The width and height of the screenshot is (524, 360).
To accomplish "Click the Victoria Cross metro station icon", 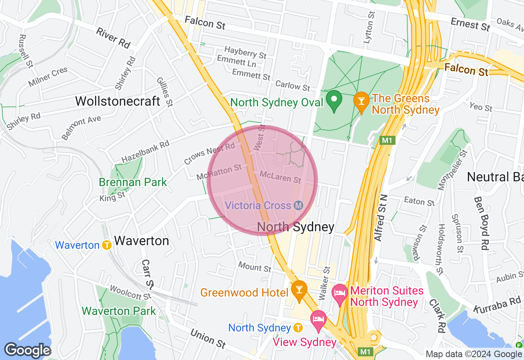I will pyautogui.click(x=298, y=205).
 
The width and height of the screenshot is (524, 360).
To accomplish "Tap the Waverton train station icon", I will pyautogui.click(x=107, y=245).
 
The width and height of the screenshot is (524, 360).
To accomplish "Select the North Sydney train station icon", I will pyautogui.click(x=298, y=328).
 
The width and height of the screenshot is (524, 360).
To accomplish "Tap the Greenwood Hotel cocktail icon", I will pyautogui.click(x=299, y=291).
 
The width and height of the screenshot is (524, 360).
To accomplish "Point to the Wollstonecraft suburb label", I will pyautogui.click(x=117, y=101).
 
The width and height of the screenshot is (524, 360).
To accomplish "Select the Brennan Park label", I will pyautogui.click(x=133, y=182).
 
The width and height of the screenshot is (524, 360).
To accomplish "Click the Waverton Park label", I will pyautogui.click(x=119, y=311).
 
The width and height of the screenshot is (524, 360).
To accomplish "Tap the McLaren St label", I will pyautogui.click(x=280, y=177).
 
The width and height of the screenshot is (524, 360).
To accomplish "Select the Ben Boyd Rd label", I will pyautogui.click(x=481, y=223).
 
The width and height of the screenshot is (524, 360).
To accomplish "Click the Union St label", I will pyautogui.click(x=208, y=339).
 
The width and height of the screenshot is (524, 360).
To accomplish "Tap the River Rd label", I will pyautogui.click(x=113, y=36).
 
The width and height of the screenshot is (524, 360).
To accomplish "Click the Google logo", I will pyautogui.click(x=27, y=350).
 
